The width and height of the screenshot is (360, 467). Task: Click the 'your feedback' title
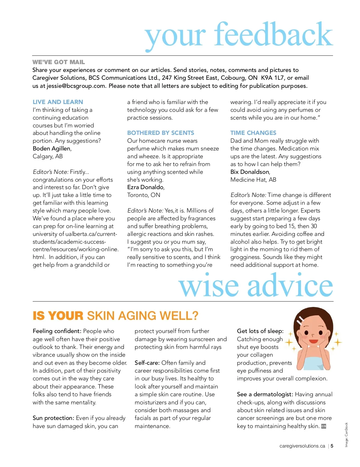point(239,35)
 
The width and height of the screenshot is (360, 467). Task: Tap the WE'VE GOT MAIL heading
point(59,62)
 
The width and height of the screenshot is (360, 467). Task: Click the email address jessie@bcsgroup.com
point(76,86)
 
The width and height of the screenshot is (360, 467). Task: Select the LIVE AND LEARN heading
point(58,102)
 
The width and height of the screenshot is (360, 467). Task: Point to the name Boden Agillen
point(52,148)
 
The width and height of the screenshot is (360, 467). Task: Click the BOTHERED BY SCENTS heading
point(160,133)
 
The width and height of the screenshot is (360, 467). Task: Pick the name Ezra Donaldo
point(145,187)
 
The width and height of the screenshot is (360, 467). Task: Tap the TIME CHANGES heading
point(253,133)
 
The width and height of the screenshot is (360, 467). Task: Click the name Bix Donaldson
point(250,172)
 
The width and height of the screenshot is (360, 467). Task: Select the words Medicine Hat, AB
point(253,180)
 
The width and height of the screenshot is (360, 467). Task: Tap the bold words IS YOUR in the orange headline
point(58,316)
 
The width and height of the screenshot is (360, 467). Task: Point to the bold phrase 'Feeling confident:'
point(57,331)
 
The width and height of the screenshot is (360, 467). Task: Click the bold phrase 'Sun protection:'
point(53,418)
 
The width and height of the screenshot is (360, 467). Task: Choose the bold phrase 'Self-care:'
point(147,363)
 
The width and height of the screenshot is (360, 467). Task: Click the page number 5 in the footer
point(332,446)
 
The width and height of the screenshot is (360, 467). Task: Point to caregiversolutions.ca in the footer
point(302,446)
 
